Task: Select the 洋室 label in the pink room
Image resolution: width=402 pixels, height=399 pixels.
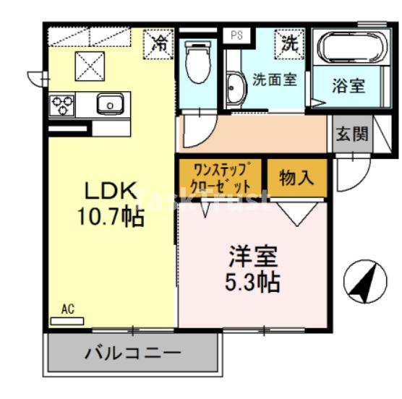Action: [254, 256]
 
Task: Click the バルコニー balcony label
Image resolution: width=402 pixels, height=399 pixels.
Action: [133, 353]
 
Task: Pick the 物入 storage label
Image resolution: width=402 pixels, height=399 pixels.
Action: [296, 178]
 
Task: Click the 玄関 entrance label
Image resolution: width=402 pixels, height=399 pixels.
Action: [351, 134]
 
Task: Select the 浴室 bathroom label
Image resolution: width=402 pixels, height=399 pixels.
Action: [348, 85]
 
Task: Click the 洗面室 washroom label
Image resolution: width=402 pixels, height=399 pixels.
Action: [274, 80]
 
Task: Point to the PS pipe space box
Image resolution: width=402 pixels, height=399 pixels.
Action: [236, 35]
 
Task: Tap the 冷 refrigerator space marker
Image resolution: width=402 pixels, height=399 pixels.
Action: [159, 41]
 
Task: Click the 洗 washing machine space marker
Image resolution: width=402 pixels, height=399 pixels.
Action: [289, 42]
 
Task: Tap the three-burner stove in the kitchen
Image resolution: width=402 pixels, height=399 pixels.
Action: [61, 106]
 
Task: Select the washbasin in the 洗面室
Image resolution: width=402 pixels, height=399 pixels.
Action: [235, 88]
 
